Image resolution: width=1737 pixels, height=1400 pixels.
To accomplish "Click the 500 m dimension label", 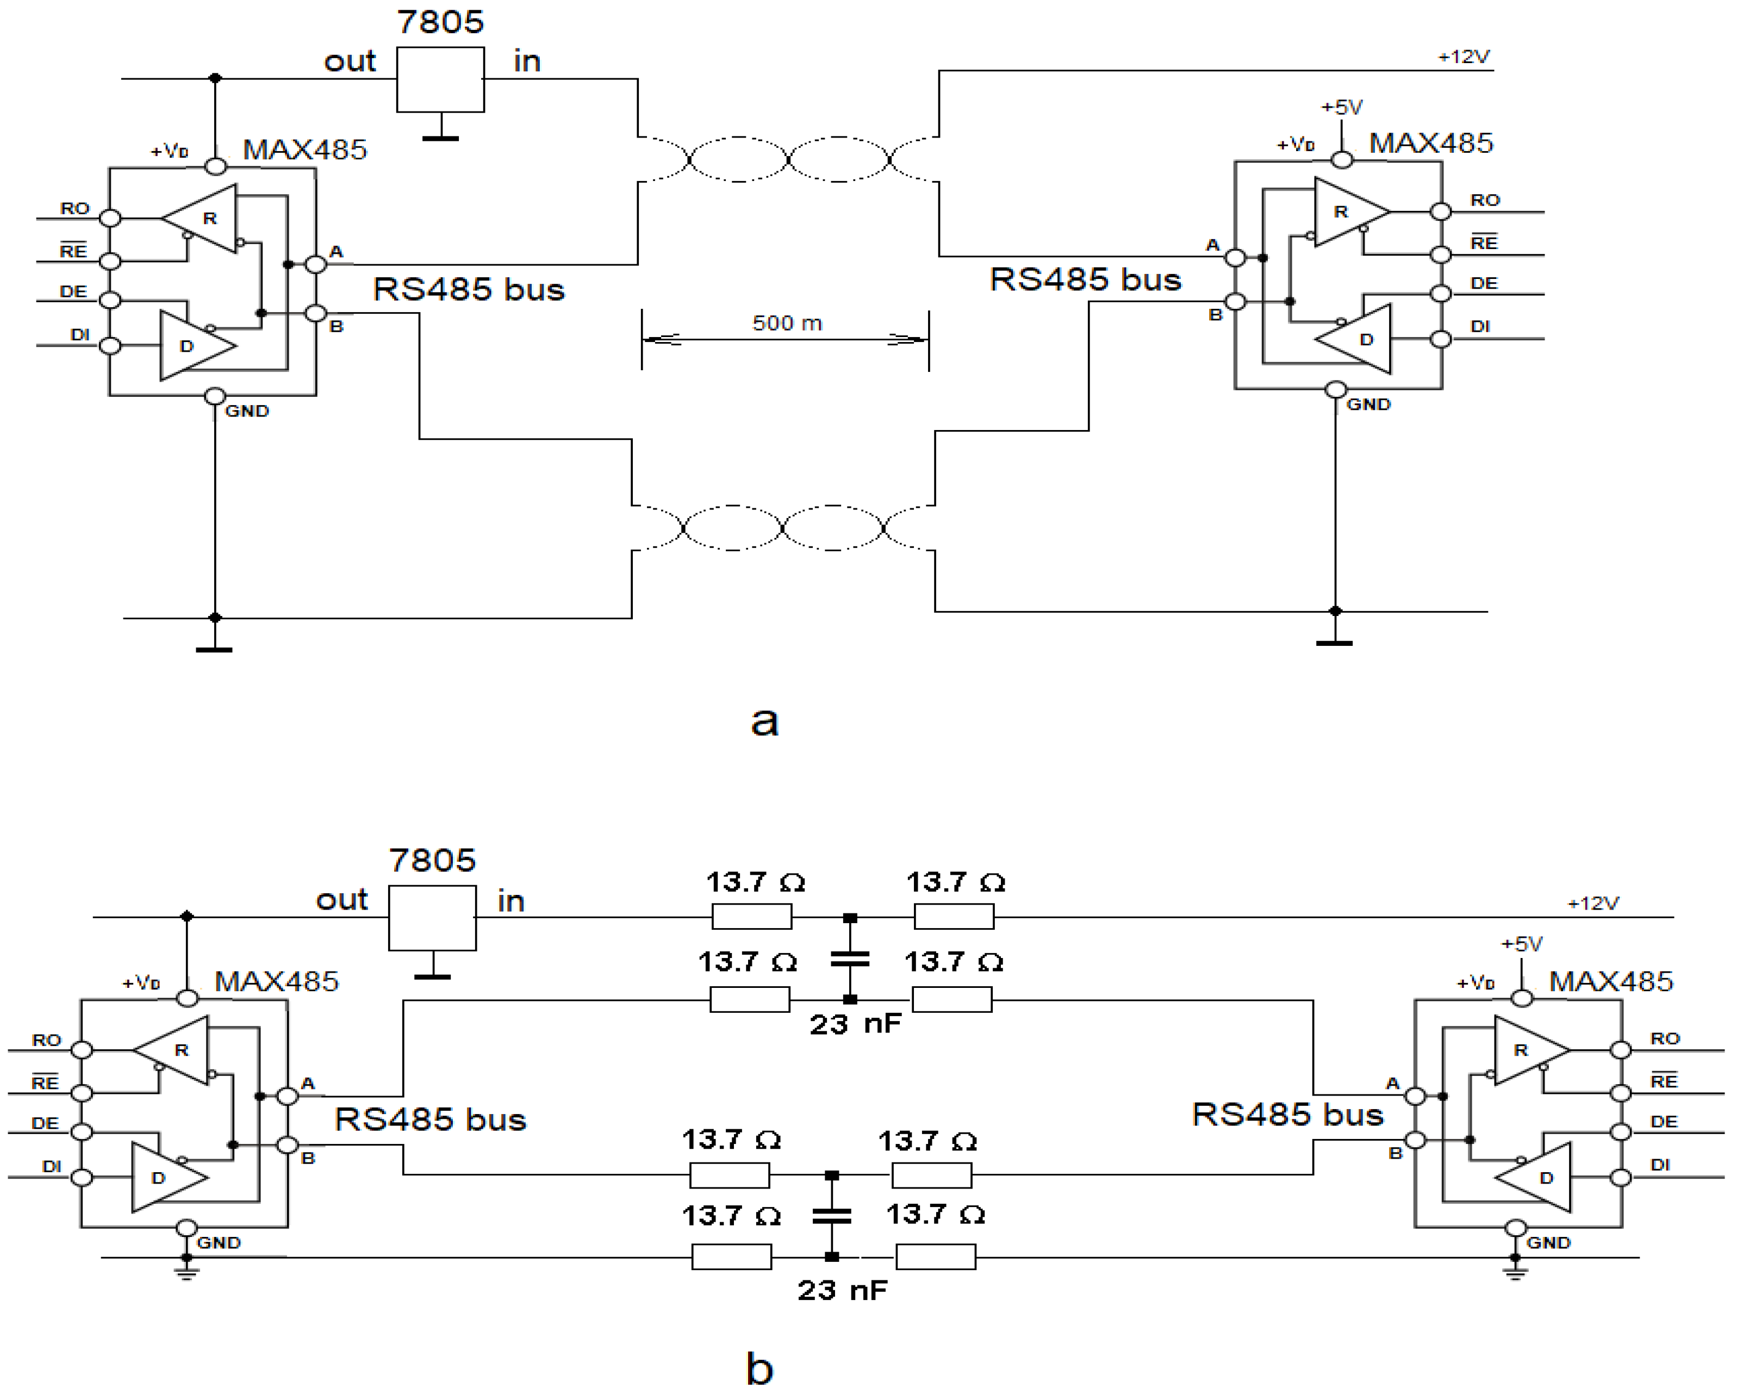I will coord(787,323).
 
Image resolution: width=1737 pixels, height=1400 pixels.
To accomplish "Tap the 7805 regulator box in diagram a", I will coord(440,79).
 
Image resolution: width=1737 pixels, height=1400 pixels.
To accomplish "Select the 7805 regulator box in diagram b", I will coord(432,918).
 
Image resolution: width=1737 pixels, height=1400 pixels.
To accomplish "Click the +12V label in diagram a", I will coord(1464,57).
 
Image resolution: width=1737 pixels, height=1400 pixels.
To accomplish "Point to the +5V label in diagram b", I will coord(1521,943).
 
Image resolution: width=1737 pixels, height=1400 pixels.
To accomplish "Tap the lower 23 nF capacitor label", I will coord(842,1290).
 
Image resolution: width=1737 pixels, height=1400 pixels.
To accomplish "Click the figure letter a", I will coord(764,720).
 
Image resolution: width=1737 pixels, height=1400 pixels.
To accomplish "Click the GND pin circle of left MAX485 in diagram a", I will coord(215,396).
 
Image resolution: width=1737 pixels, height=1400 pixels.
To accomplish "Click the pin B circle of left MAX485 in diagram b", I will coord(287,1144).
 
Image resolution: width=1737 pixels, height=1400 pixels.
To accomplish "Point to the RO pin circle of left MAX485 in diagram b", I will coord(82,1050).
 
